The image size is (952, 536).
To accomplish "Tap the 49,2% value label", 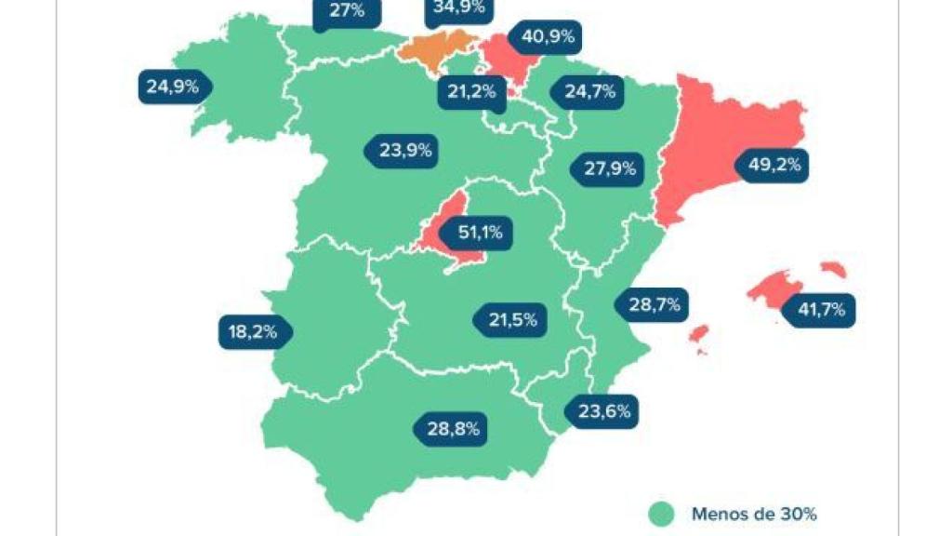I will pos(771,166).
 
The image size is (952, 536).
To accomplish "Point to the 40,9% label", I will pos(548,38).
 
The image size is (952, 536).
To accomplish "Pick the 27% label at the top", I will pos(346,11).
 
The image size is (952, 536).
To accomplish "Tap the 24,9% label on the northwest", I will pos(174,87).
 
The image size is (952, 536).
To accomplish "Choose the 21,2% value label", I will pos(469,91).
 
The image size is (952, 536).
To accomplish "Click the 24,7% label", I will pos(589,91).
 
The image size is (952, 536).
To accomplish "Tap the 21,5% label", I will pos(510,319).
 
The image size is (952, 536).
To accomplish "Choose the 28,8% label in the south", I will pos(452,429).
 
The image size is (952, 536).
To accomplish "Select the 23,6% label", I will pos(601,410).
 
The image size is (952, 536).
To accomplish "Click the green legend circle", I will pos(661,513).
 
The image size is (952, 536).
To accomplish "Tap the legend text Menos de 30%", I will pos(753,513).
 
